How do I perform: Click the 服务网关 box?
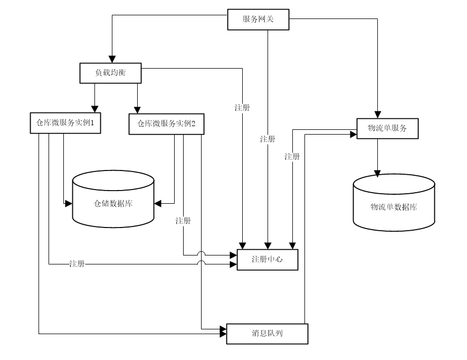coord(259,20)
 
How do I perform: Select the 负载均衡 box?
coord(111,73)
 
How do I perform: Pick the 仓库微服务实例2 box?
coord(166,124)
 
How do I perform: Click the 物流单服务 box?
coord(387,128)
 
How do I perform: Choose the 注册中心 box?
coord(268,260)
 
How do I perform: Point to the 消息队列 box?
coord(266,334)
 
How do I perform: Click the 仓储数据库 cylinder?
coord(113,202)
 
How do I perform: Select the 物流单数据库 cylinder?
coord(394,206)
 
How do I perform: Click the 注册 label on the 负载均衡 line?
coord(242,108)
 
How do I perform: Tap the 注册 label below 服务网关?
coord(268,139)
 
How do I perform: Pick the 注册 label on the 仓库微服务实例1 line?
coord(77,263)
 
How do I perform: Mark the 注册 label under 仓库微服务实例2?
coord(183,221)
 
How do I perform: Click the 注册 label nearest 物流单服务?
coord(292,156)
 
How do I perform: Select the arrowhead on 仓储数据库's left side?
coord(69,203)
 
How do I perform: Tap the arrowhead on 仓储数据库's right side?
coord(158,203)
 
